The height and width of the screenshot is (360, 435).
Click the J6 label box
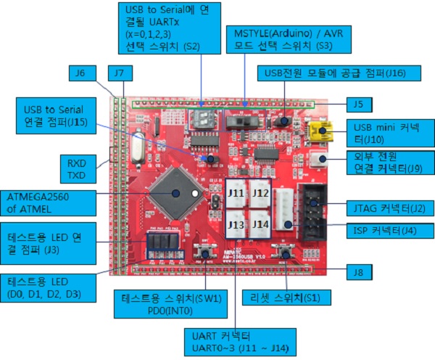pyautogui.click(x=80, y=73)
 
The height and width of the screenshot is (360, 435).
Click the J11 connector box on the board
pyautogui.click(x=236, y=194)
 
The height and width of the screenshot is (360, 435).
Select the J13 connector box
pyautogui.click(x=236, y=224)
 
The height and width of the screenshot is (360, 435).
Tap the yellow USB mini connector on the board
pyautogui.click(x=320, y=131)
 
